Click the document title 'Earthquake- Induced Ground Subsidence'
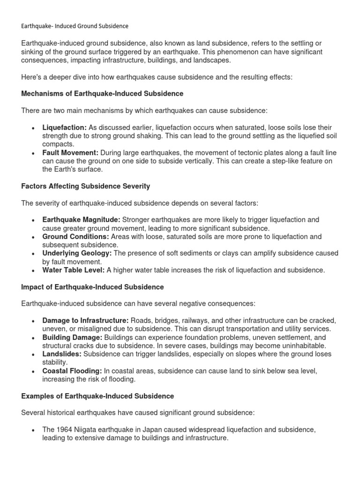click(x=75, y=26)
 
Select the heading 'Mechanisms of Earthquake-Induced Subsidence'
click(x=102, y=93)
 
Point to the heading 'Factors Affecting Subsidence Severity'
click(x=86, y=186)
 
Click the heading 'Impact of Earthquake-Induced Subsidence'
click(x=92, y=286)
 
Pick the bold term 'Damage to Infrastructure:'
click(x=85, y=320)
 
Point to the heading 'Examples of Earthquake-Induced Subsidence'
click(x=97, y=396)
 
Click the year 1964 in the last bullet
click(x=65, y=430)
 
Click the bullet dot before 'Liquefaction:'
click(x=32, y=128)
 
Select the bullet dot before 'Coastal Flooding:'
click(x=32, y=372)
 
